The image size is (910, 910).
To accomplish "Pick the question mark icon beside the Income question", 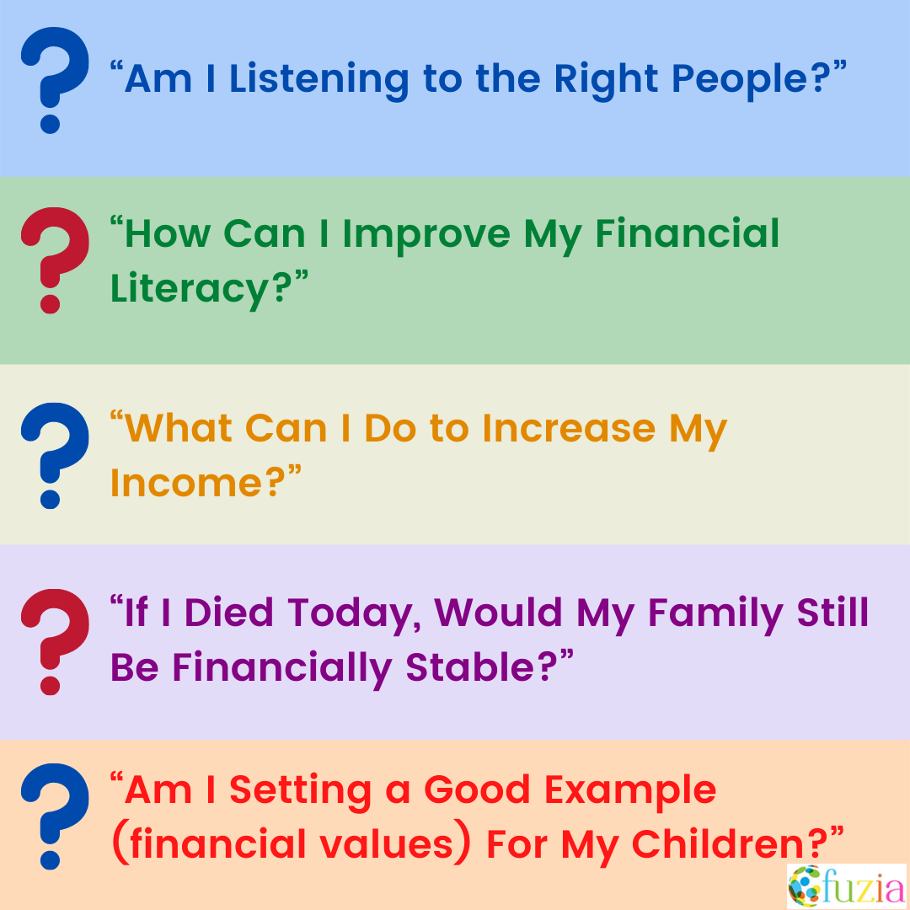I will click(52, 456).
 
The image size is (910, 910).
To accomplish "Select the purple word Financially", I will click(282, 667).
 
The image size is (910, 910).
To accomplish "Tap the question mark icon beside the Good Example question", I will click(52, 816).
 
